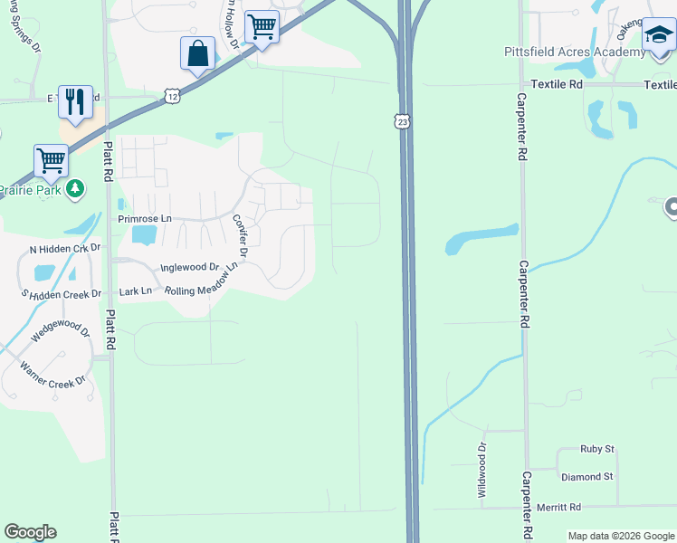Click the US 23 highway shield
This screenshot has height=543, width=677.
coord(402,121)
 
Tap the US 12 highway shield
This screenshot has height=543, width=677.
coord(172,95)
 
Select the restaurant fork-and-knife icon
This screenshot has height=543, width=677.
coord(75,100)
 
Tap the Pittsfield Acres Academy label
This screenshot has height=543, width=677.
coord(575,52)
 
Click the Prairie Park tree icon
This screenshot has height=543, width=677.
coord(77,188)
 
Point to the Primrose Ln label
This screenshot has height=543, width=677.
coord(144,219)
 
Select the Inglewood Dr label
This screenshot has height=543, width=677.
coord(190,268)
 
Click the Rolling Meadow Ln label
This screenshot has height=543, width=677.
coord(201,281)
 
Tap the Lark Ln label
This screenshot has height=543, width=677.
coord(136,291)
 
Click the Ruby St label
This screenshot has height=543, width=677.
coord(596,449)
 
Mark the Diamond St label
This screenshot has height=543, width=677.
coord(586,477)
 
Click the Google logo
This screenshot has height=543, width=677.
coord(30,532)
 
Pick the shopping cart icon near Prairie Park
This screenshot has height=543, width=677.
coord(51,160)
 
